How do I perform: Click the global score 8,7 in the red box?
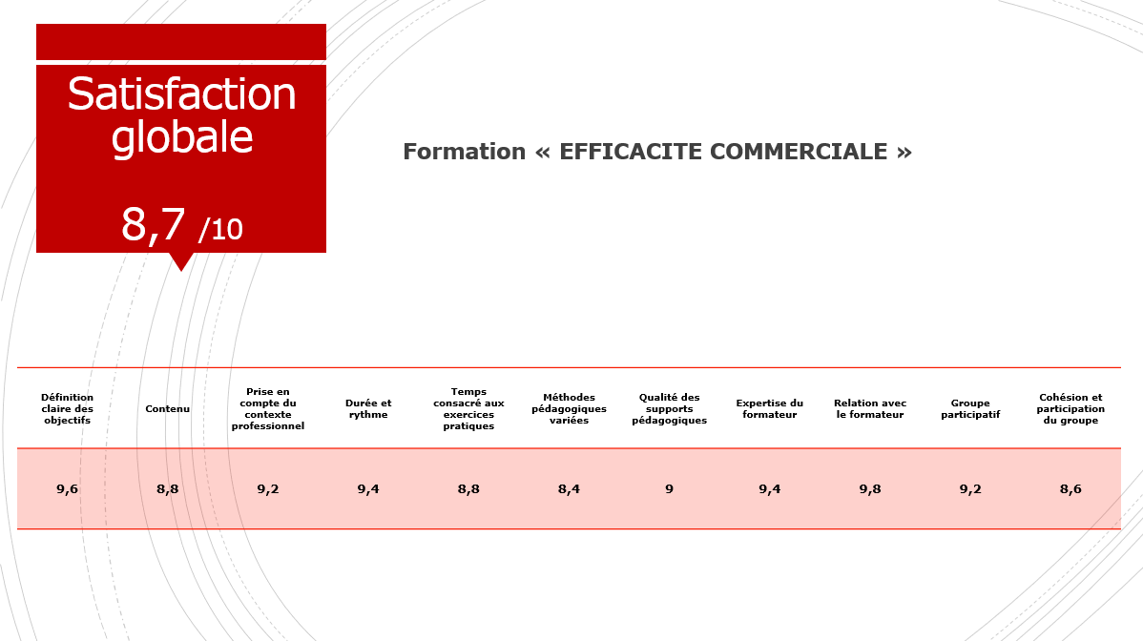[x=153, y=224]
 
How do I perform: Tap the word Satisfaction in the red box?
[x=181, y=94]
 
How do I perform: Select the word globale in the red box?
[x=181, y=137]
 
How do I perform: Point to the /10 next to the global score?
[x=220, y=230]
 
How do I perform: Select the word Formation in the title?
[x=465, y=152]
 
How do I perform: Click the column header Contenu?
[x=168, y=408]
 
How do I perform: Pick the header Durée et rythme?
[x=368, y=408]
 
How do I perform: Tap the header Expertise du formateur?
[x=770, y=408]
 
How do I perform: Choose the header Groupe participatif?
[x=970, y=408]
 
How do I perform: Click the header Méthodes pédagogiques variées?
[x=569, y=408]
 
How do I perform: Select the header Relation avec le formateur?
[x=869, y=408]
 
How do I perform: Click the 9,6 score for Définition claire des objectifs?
[x=67, y=488]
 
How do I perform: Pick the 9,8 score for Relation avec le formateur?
[x=869, y=488]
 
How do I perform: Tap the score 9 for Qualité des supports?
[x=669, y=488]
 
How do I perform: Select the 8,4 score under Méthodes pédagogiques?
[x=569, y=488]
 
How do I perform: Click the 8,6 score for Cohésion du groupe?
[x=1070, y=488]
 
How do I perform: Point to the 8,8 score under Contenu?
[x=168, y=488]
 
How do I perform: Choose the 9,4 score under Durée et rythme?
[x=368, y=488]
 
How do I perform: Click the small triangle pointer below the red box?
[x=180, y=260]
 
